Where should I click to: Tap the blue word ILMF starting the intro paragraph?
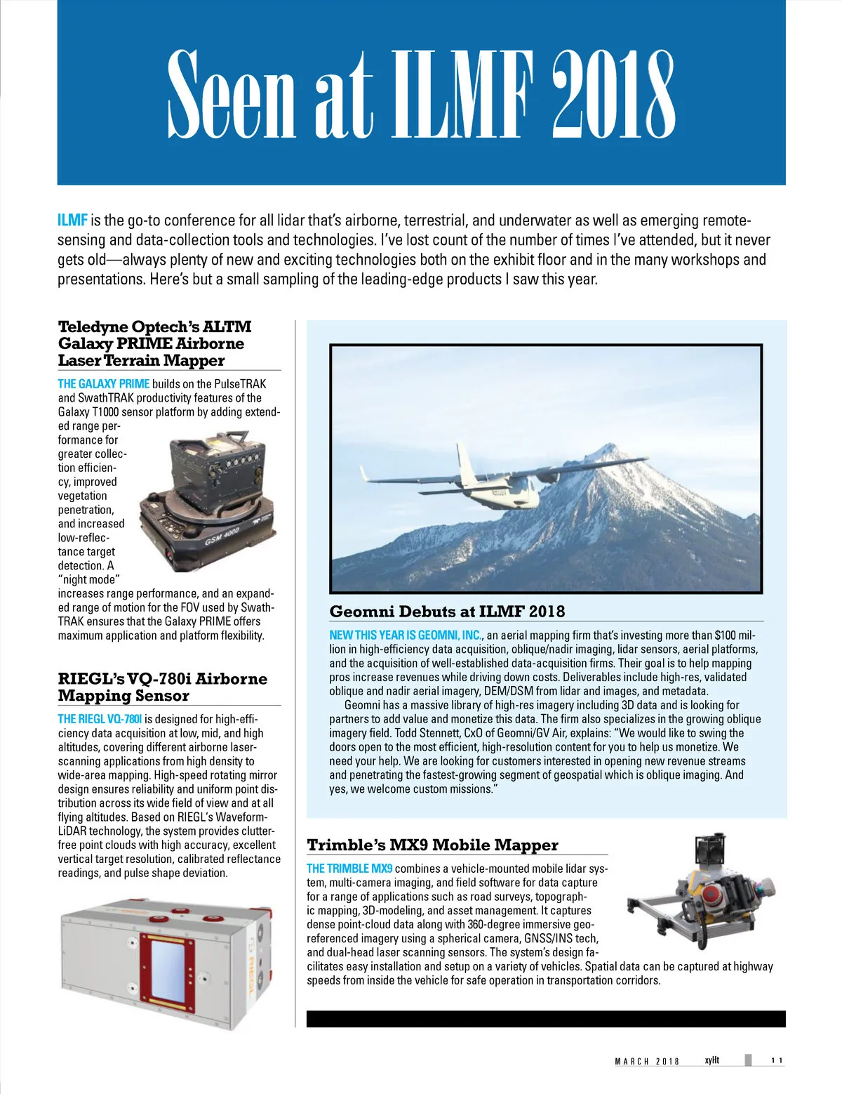[72, 220]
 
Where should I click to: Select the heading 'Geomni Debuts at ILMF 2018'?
[447, 612]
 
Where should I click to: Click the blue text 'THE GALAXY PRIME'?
[103, 384]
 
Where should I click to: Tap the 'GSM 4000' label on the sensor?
[222, 536]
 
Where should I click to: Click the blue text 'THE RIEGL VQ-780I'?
[100, 719]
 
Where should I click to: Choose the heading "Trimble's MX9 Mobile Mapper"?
[432, 845]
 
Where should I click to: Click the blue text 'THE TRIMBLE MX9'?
[349, 869]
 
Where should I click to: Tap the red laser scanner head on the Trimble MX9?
[712, 895]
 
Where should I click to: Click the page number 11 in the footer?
[777, 1060]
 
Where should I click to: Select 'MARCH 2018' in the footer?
[647, 1061]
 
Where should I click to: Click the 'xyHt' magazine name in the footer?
[711, 1060]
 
